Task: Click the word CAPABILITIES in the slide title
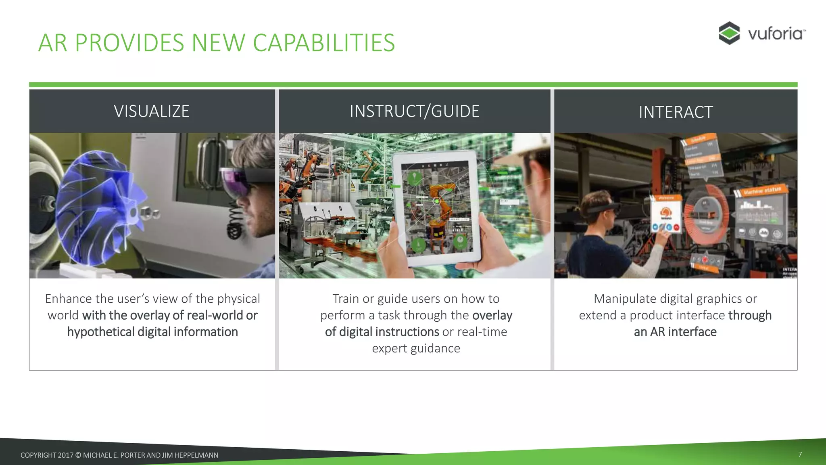click(323, 43)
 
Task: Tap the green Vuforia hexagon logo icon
click(729, 33)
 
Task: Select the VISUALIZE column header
click(152, 111)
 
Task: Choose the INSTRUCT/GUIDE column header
click(414, 111)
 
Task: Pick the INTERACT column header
click(676, 112)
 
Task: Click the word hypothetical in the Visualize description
click(100, 332)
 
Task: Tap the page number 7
click(800, 455)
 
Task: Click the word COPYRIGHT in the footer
click(38, 455)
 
